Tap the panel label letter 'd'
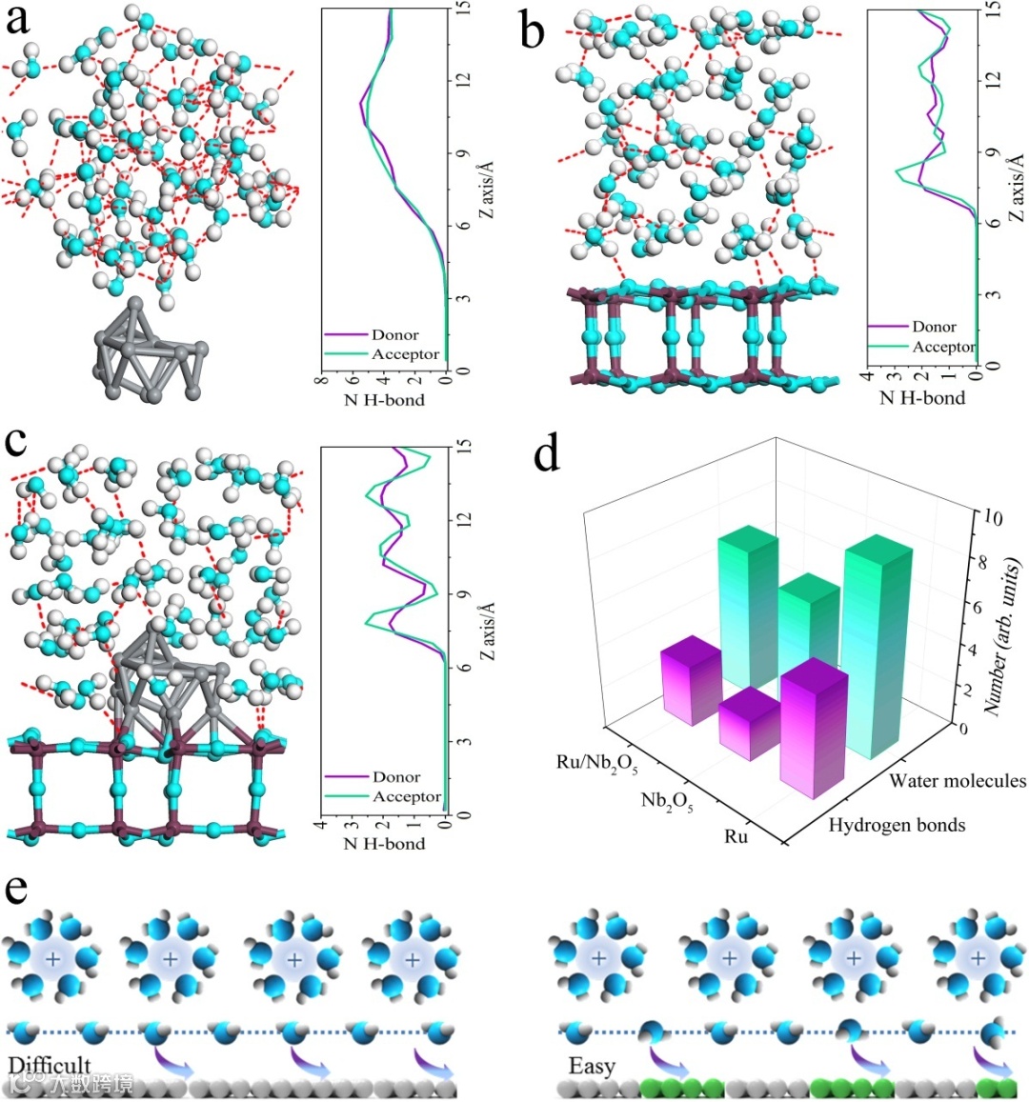pyautogui.click(x=547, y=454)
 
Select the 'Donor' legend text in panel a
pyautogui.click(x=394, y=335)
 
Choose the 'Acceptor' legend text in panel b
pyautogui.click(x=943, y=347)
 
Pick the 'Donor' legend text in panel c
pyautogui.click(x=396, y=777)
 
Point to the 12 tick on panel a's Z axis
pyautogui.click(x=459, y=81)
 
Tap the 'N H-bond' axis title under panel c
pyautogui.click(x=383, y=844)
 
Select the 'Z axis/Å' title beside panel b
pyautogui.click(x=1017, y=186)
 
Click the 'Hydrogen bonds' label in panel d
pyautogui.click(x=897, y=825)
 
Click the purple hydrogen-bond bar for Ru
pyautogui.click(x=814, y=729)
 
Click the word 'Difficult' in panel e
pyautogui.click(x=50, y=1065)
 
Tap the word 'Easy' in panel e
pyautogui.click(x=592, y=1066)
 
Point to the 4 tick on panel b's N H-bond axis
pyautogui.click(x=868, y=377)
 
